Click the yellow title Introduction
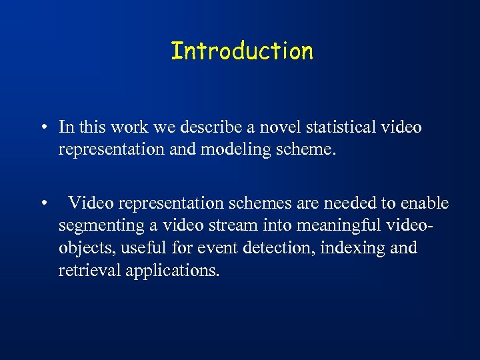(x=241, y=51)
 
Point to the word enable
(x=424, y=203)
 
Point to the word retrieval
(x=85, y=271)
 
